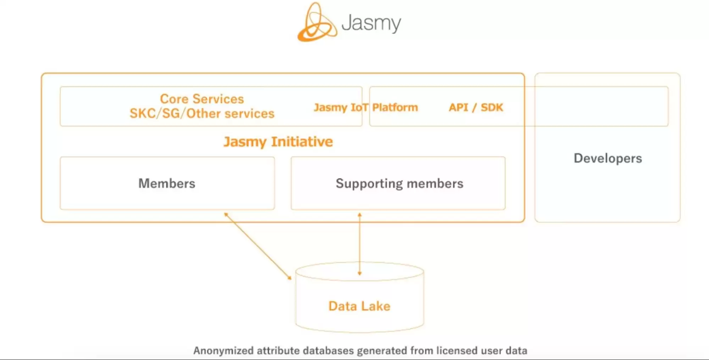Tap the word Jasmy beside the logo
(x=371, y=23)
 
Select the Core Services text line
(x=202, y=99)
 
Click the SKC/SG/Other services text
(x=202, y=113)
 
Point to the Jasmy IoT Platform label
(x=366, y=107)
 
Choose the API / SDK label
(x=476, y=107)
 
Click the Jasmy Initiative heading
(x=278, y=142)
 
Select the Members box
(x=167, y=183)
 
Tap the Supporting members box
(x=398, y=183)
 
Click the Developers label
(x=608, y=158)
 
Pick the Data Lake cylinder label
(x=359, y=306)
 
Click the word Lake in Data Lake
(x=376, y=306)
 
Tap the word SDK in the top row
(x=492, y=107)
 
